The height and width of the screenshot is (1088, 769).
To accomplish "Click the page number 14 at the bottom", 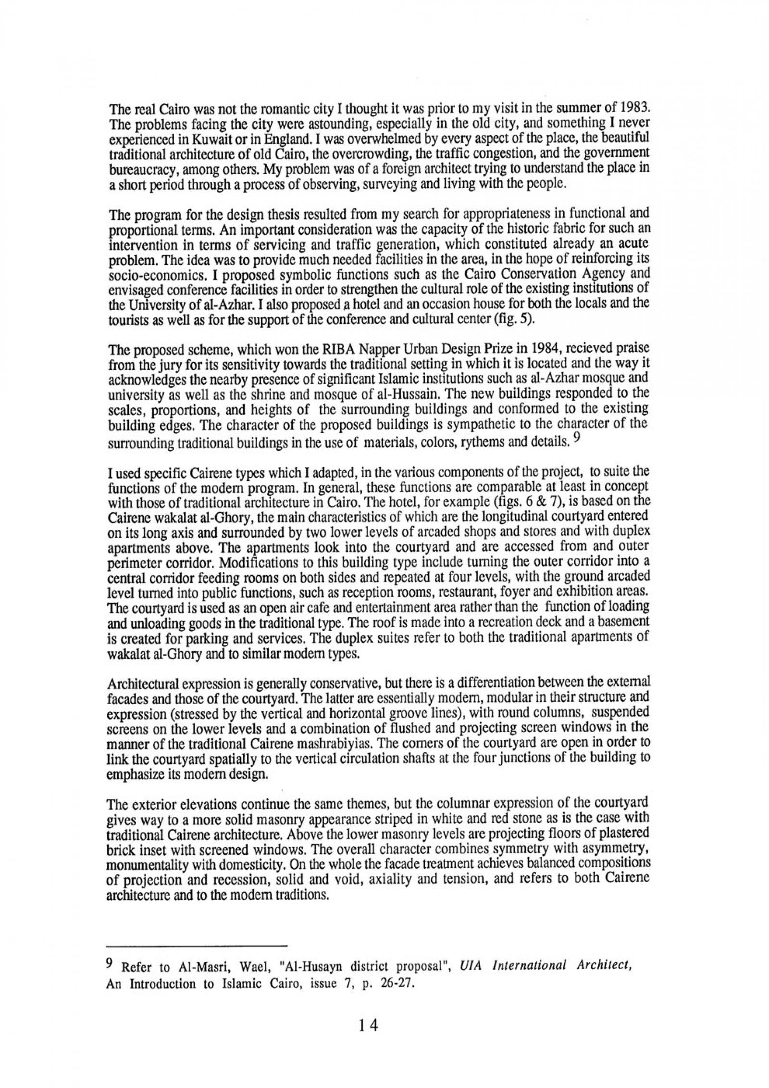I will [369, 1023].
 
